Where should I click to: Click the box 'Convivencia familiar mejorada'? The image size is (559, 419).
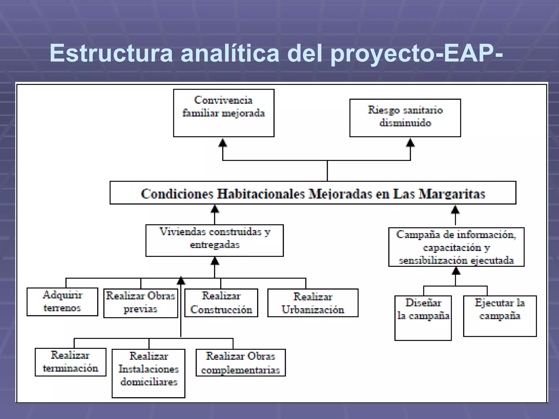pyautogui.click(x=224, y=113)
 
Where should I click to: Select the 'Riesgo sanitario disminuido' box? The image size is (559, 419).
pyautogui.click(x=405, y=118)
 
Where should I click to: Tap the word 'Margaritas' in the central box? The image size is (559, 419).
pyautogui.click(x=452, y=194)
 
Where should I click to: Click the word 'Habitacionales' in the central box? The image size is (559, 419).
pyautogui.click(x=261, y=194)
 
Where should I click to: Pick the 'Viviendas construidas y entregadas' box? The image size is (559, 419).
pyautogui.click(x=215, y=240)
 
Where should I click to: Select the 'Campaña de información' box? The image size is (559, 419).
pyautogui.click(x=456, y=247)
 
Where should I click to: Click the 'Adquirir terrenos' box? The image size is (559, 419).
pyautogui.click(x=62, y=302)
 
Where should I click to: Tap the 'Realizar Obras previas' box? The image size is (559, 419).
pyautogui.click(x=141, y=303)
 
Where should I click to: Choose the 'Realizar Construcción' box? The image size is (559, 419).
pyautogui.click(x=221, y=303)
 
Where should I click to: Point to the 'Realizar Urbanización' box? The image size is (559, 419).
pyautogui.click(x=313, y=303)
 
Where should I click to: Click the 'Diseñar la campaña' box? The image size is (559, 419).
pyautogui.click(x=423, y=318)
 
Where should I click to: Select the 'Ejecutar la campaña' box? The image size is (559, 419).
pyautogui.click(x=500, y=316)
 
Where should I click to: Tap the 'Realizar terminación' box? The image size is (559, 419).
pyautogui.click(x=70, y=362)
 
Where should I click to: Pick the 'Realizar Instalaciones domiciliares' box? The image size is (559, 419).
pyautogui.click(x=148, y=373)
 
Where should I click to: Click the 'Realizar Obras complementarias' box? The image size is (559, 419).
pyautogui.click(x=240, y=363)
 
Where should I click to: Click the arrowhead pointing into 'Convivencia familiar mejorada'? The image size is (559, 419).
pyautogui.click(x=223, y=143)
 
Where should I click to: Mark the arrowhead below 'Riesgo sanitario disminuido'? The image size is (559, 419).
pyautogui.click(x=410, y=143)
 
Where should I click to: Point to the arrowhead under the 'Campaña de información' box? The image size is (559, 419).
pyautogui.click(x=456, y=271)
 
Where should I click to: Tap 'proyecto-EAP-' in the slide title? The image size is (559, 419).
pyautogui.click(x=417, y=53)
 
